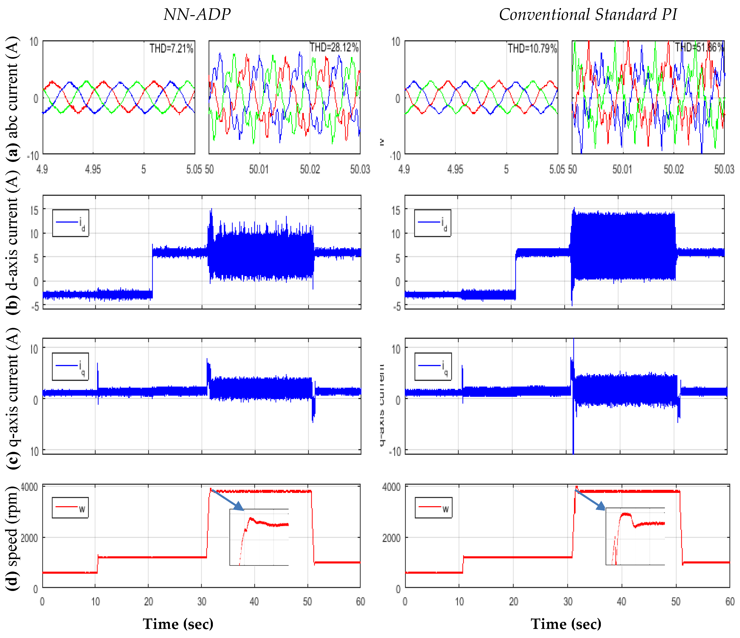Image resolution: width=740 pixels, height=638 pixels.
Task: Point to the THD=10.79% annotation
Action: [x=532, y=48]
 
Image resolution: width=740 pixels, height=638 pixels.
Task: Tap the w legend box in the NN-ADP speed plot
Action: [x=70, y=507]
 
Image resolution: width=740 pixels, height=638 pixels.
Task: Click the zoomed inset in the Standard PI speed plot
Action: [x=635, y=536]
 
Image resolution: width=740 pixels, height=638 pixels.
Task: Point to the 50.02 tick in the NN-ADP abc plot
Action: [x=309, y=169]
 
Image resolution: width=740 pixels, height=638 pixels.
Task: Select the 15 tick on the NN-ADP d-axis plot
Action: [x=34, y=211]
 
